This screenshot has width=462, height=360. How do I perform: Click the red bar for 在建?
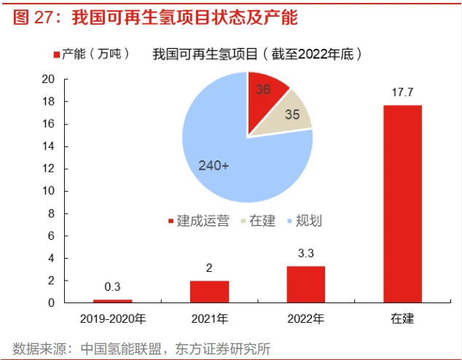402,203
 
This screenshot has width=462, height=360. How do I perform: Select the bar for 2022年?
306,283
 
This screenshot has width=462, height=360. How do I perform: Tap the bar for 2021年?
209,291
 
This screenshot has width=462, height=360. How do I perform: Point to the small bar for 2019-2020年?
113,300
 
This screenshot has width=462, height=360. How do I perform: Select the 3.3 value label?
306,254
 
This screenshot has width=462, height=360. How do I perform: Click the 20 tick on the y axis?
49,79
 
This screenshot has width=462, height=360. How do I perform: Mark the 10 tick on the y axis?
49,191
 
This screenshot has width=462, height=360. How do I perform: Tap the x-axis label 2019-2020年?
113,319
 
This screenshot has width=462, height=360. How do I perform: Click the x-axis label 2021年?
209,319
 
